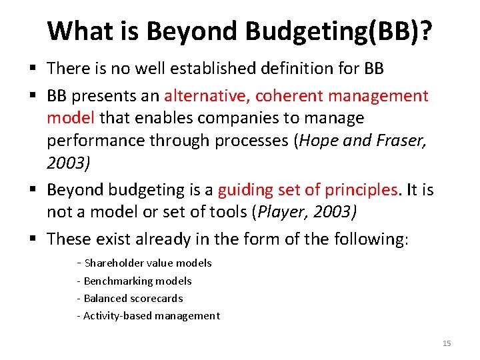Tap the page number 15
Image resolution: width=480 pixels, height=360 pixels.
point(447,343)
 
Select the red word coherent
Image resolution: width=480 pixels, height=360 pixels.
point(283,95)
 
